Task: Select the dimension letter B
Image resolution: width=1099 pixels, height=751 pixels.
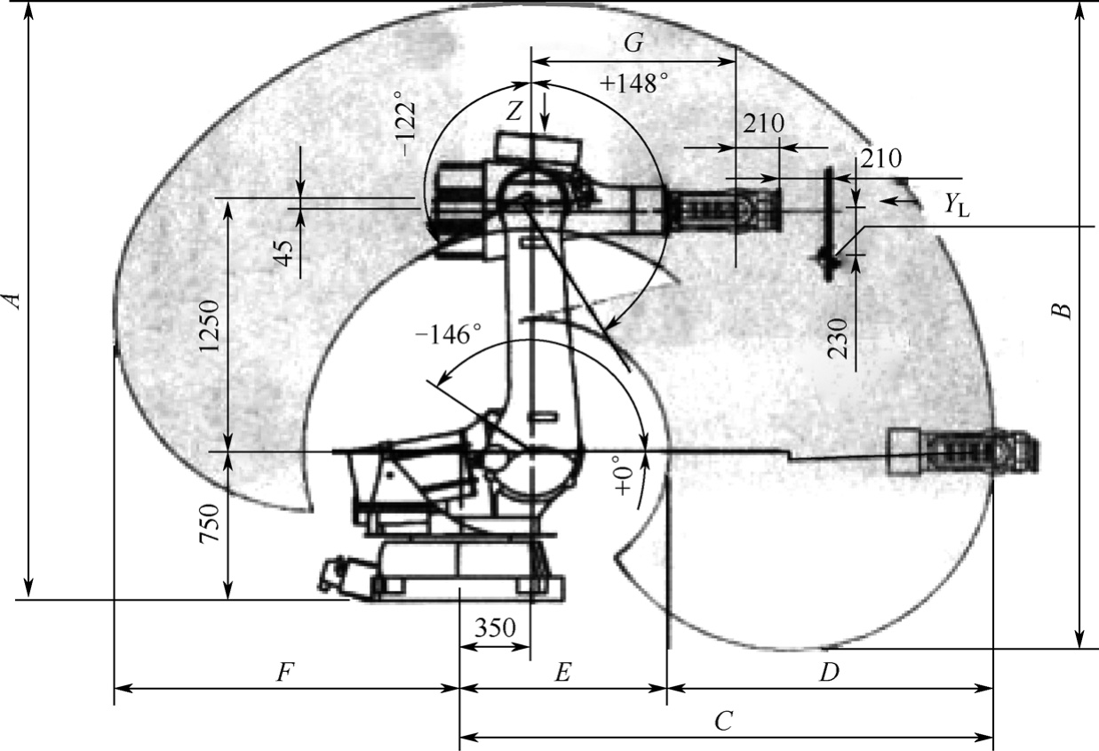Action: (x=1061, y=311)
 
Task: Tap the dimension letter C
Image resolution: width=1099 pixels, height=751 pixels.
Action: (x=724, y=721)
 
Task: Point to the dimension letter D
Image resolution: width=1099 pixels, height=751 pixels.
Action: (x=830, y=673)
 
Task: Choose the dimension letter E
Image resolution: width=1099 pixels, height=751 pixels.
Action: (x=562, y=673)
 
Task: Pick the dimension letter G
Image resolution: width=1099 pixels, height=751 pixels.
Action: (x=633, y=44)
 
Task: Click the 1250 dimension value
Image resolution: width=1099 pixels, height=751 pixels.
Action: (x=209, y=325)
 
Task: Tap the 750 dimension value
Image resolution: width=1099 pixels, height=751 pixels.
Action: (x=209, y=523)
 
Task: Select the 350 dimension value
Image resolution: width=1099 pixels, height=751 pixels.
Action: (x=496, y=627)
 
